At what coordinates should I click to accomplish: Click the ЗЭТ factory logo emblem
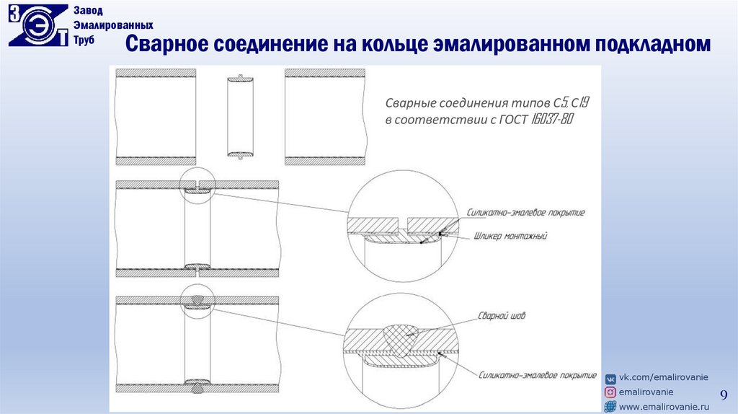coord(37,26)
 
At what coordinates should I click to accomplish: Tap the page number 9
coord(724,394)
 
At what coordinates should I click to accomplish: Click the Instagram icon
coord(610,392)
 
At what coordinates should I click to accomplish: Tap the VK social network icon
coord(610,378)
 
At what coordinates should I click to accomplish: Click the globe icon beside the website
coord(610,408)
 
